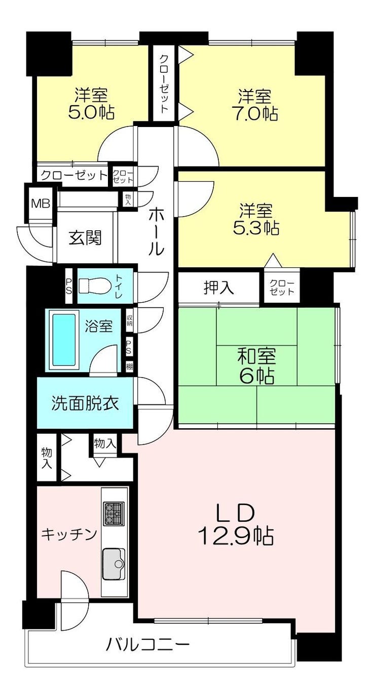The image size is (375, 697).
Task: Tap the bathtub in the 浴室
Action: tap(64, 340)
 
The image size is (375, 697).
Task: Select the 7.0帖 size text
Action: tap(255, 113)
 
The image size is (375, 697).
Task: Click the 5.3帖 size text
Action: tap(255, 228)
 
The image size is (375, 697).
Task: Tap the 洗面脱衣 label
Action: tap(85, 403)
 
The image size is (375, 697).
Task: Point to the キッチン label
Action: tap(69, 535)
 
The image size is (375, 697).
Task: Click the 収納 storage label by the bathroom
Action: tap(129, 319)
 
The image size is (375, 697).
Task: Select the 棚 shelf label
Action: tap(129, 366)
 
